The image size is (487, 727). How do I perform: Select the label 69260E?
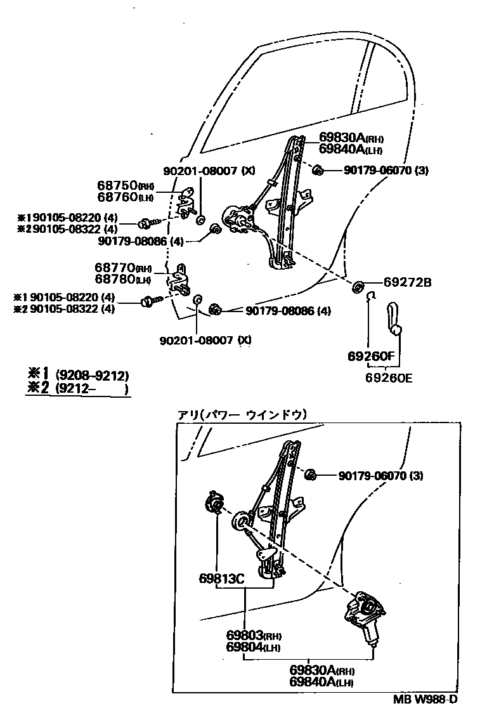pyautogui.click(x=389, y=378)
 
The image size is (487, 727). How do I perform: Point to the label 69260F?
pyautogui.click(x=371, y=357)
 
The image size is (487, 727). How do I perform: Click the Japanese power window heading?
pyautogui.click(x=242, y=415)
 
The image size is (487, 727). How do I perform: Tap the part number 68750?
pyautogui.click(x=118, y=185)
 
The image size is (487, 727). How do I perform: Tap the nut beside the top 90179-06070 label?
pyautogui.click(x=318, y=169)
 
